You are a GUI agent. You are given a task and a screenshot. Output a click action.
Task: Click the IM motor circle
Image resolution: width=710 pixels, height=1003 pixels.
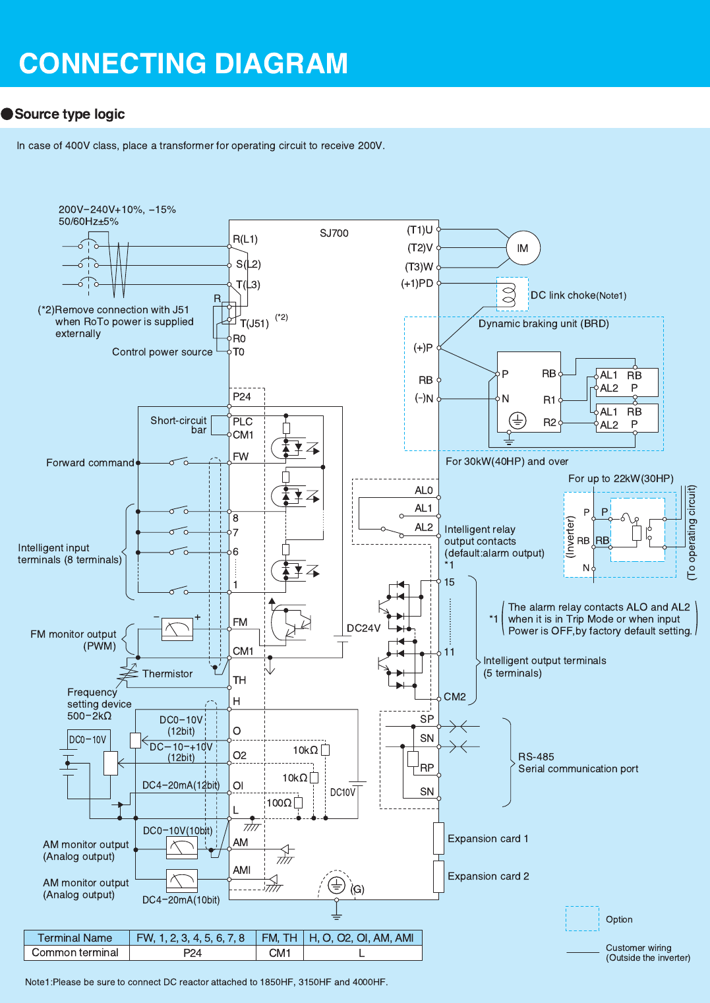523,249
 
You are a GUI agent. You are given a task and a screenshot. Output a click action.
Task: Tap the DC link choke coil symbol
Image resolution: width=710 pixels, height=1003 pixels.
509,294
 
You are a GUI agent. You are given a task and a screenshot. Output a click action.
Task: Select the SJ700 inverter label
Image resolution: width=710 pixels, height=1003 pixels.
334,233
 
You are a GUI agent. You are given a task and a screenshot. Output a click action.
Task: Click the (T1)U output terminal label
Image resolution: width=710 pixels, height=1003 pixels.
420,230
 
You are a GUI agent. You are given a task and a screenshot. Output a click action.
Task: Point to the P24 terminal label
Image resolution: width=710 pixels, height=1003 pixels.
242,397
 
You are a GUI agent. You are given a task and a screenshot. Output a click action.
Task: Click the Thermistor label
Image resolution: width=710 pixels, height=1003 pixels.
167,674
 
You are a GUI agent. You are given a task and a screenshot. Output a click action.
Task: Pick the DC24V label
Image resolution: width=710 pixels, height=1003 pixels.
364,628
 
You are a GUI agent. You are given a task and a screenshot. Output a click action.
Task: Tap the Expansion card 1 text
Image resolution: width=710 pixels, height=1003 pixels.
488,839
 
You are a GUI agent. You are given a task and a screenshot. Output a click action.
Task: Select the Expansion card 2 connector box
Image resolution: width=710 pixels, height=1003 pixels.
438,876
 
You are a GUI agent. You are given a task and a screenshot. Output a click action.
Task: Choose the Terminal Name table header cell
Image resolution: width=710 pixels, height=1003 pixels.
75,938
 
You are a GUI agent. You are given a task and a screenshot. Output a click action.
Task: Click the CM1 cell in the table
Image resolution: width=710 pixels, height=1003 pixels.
280,953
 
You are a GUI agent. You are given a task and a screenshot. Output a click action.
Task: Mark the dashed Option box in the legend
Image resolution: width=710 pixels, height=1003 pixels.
582,919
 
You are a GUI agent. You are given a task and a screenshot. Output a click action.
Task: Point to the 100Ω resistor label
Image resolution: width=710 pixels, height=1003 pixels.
279,803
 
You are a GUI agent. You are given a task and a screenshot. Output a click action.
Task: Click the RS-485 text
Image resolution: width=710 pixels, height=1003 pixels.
536,757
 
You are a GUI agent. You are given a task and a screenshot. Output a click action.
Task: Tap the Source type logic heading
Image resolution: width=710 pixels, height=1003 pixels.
69,114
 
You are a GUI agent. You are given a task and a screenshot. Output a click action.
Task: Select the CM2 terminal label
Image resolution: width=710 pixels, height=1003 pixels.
455,697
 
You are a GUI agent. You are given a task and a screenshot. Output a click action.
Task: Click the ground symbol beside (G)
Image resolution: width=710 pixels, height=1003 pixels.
337,885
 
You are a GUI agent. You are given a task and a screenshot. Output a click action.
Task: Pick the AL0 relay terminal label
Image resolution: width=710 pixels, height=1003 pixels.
424,491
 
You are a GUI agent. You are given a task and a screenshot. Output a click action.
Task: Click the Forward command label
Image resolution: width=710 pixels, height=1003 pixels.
90,463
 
